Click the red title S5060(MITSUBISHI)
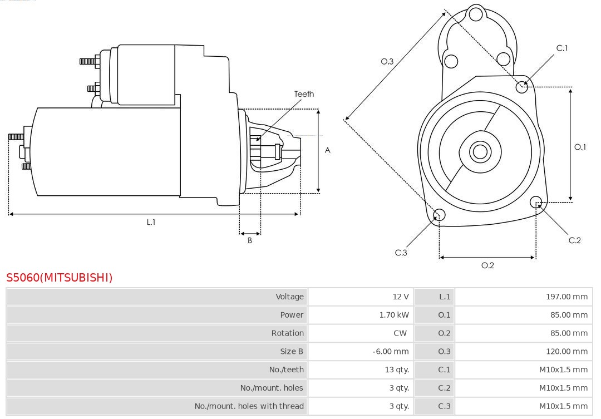click(x=60, y=277)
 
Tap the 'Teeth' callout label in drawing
click(x=304, y=94)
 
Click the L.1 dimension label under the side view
click(x=151, y=222)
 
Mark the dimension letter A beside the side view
click(x=328, y=150)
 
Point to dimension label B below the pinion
click(x=250, y=240)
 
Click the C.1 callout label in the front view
click(x=562, y=48)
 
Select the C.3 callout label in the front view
click(x=401, y=253)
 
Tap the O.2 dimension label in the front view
click(x=487, y=265)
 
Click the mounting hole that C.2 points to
click(x=536, y=201)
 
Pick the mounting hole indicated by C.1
click(x=522, y=86)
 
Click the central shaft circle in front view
click(x=479, y=151)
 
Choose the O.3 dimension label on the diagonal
click(x=387, y=61)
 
